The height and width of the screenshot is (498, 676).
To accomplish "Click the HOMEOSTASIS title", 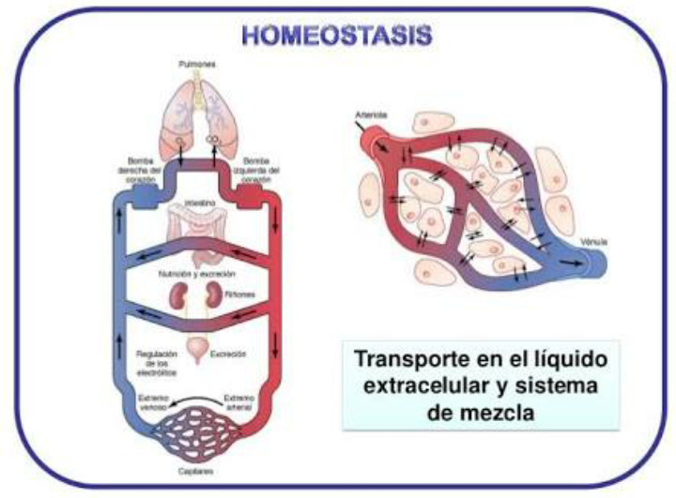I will pos(336,36).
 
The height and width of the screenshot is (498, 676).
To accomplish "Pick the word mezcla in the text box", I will pos(503,410).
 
